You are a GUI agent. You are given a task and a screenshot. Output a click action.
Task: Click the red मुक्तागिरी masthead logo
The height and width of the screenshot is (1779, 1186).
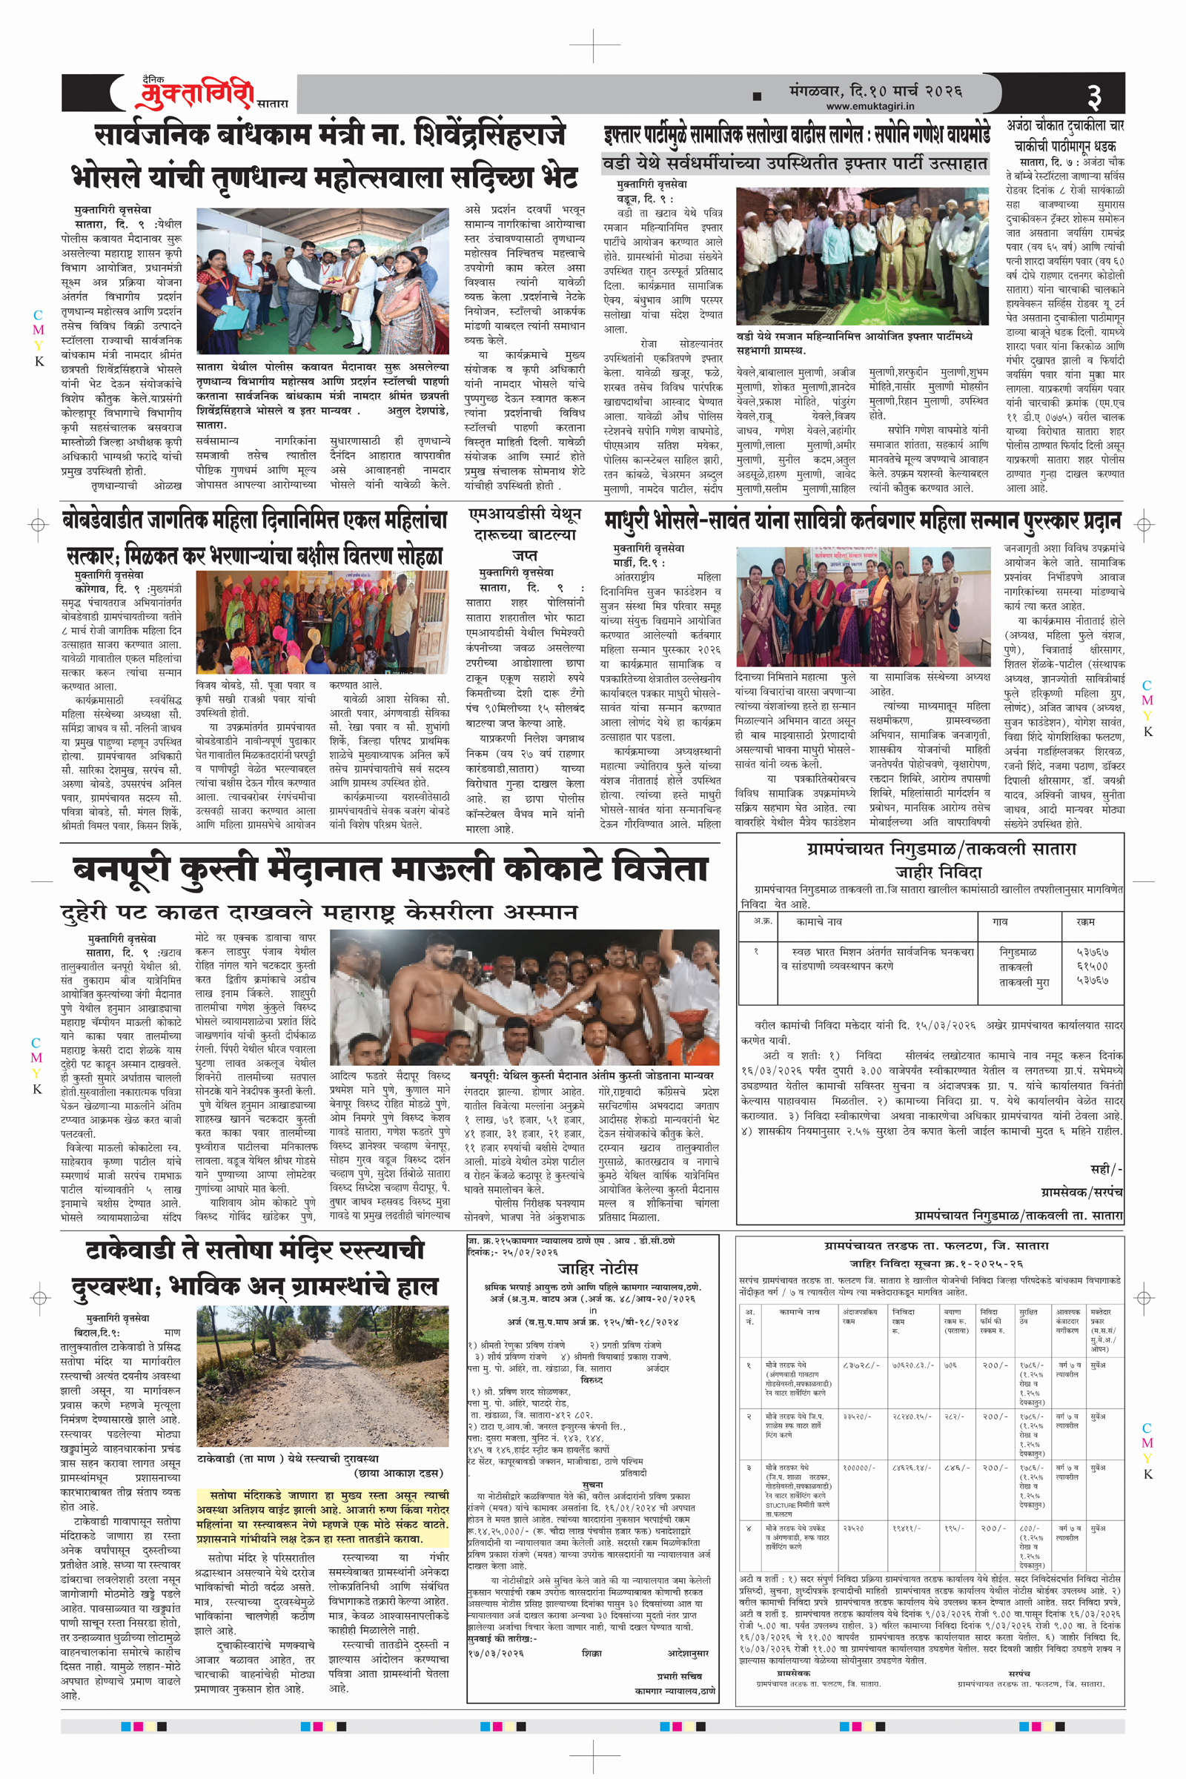pos(195,94)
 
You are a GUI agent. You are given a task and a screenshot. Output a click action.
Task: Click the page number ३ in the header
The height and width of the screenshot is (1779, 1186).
pos(1094,96)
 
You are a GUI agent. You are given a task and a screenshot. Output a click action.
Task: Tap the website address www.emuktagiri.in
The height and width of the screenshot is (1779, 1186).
pos(869,107)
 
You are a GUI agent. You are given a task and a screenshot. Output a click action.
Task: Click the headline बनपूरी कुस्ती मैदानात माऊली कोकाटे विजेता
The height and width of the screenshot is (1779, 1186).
pos(391,869)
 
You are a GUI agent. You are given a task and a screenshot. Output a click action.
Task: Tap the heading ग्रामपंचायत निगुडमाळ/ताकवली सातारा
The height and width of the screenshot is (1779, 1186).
pos(941,849)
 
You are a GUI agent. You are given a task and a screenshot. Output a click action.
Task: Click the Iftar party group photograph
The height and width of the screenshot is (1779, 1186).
pos(862,256)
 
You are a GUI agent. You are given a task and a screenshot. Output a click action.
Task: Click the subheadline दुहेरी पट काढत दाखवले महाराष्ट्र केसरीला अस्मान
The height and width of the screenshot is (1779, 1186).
pos(319,912)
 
